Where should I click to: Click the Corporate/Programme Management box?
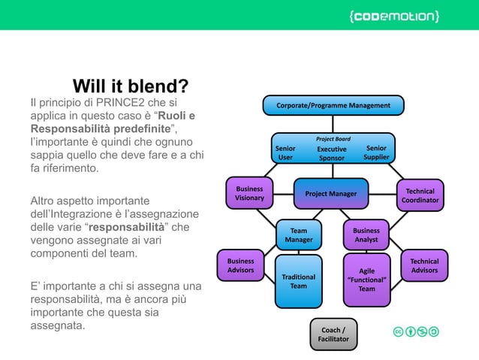point(333,105)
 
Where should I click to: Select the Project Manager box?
point(330,194)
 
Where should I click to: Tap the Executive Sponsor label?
point(331,154)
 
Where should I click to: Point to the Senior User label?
point(285,153)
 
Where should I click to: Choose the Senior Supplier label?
point(376,153)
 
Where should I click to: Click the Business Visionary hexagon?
point(249,193)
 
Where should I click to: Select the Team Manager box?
point(298,235)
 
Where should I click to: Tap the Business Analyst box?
point(366,235)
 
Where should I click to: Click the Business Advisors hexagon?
point(240,265)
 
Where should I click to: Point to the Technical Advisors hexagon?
point(424,265)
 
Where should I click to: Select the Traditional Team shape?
point(298,282)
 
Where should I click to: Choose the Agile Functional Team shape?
point(366,280)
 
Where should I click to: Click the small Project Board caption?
point(333,139)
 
